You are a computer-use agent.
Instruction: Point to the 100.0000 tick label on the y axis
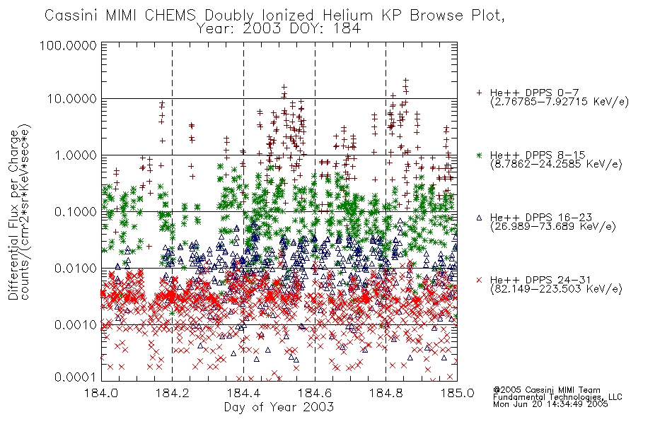(x=68, y=45)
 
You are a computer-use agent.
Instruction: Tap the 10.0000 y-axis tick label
(x=71, y=99)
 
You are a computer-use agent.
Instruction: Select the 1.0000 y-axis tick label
(x=76, y=155)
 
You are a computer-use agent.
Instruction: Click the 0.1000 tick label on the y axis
(x=76, y=211)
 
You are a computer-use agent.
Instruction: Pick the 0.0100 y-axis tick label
(x=76, y=268)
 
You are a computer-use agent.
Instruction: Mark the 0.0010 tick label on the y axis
(x=76, y=324)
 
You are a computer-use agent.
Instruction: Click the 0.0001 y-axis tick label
(x=76, y=377)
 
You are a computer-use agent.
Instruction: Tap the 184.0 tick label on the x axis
(x=101, y=393)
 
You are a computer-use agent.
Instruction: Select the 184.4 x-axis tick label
(x=243, y=393)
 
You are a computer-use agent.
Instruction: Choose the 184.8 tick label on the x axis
(x=386, y=393)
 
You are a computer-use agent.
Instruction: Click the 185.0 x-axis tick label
(x=457, y=393)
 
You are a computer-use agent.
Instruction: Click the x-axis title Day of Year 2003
(x=279, y=407)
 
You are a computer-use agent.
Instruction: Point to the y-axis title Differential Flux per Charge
(x=13, y=215)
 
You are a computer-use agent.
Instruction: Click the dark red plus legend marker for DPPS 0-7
(x=479, y=93)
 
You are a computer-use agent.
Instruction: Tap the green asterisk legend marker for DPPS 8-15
(x=479, y=155)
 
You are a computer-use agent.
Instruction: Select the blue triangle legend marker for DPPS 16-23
(x=479, y=218)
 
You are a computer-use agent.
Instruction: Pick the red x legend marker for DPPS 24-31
(x=479, y=280)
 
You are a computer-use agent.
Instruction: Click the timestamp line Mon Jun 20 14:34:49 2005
(x=550, y=404)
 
